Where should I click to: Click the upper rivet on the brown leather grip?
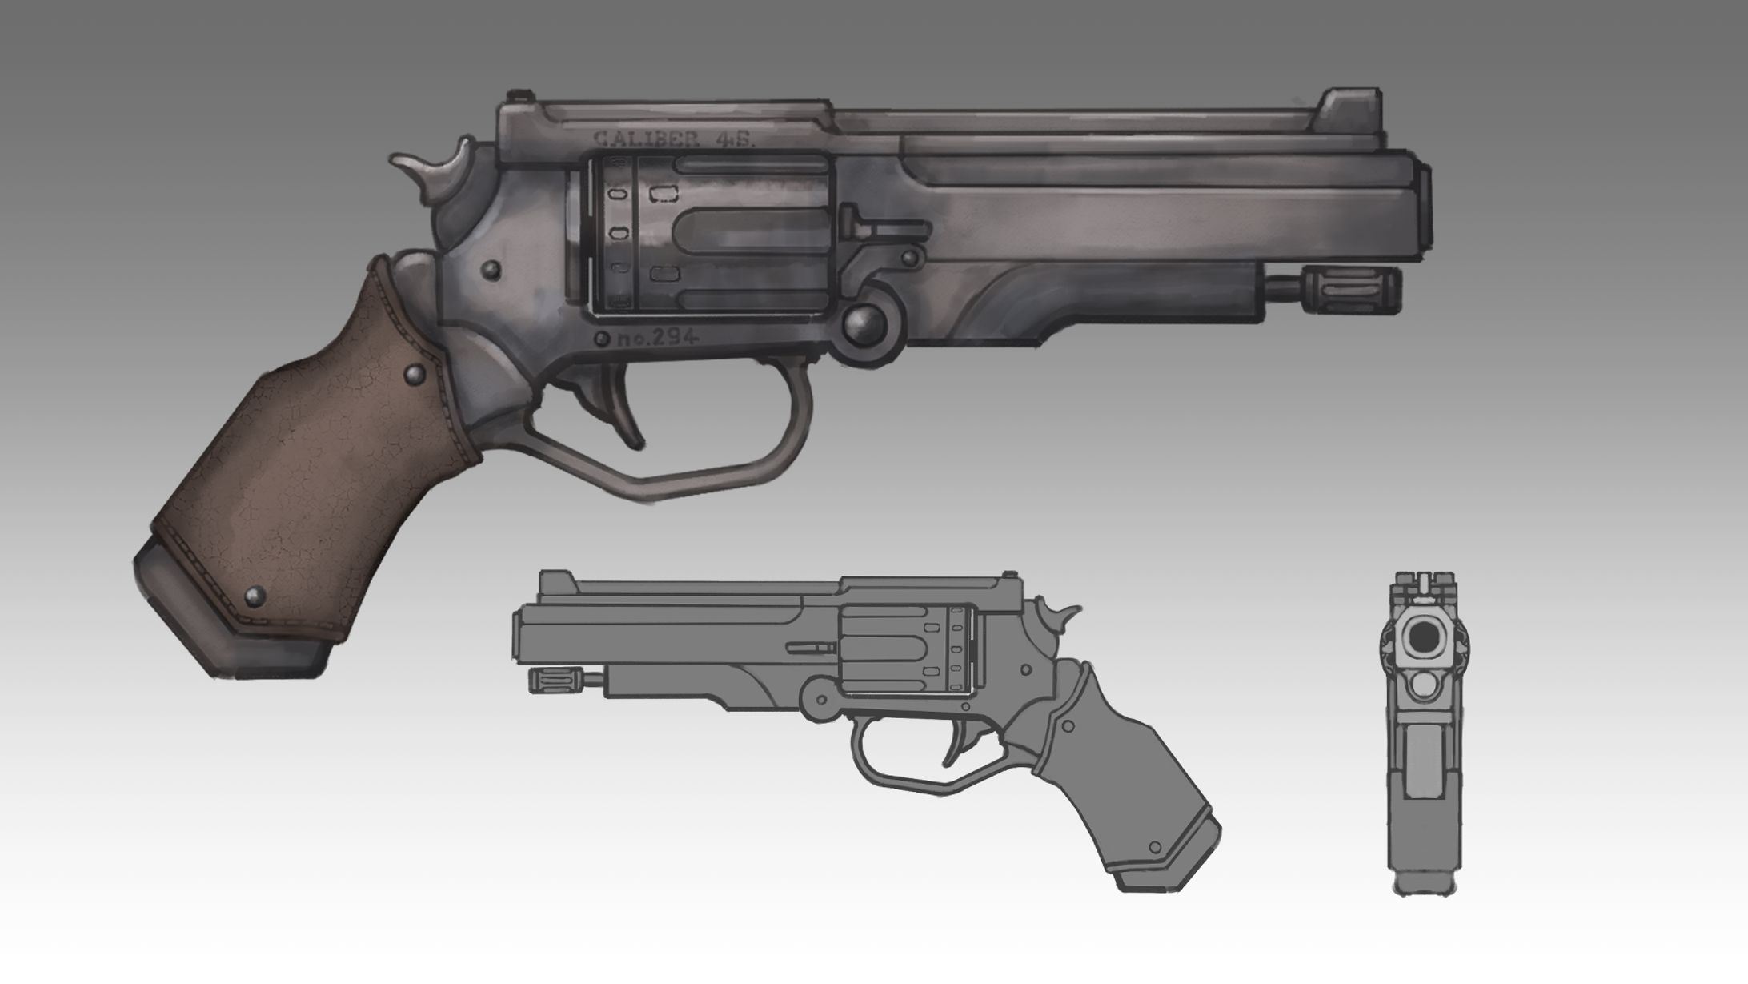tap(415, 373)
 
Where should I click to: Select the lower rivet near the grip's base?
tap(256, 594)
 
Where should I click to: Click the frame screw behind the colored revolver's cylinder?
tap(491, 271)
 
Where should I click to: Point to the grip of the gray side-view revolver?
tap(1121, 769)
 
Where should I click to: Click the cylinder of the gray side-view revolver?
tap(904, 649)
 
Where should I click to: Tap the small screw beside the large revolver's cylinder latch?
tap(909, 258)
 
